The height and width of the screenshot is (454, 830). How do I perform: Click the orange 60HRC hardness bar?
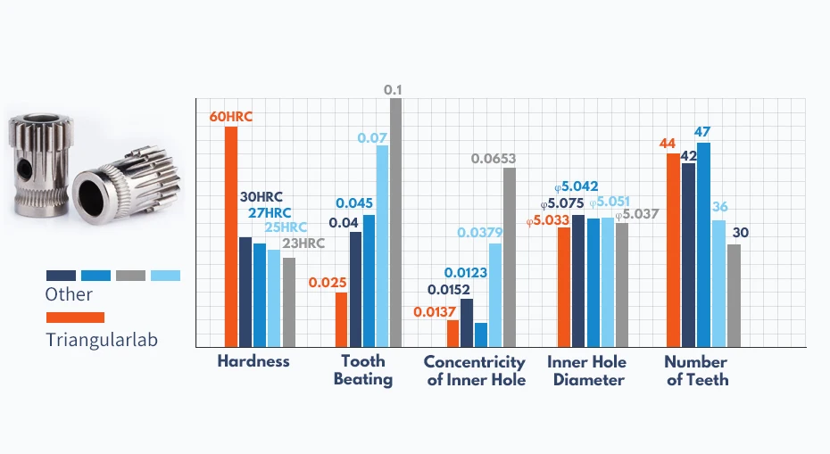[x=230, y=236]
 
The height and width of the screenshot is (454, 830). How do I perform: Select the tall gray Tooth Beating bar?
[x=395, y=222]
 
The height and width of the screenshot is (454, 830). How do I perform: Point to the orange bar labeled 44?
[x=673, y=250]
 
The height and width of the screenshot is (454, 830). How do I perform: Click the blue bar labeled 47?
[x=703, y=244]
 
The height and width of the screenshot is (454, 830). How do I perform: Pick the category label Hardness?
[x=253, y=361]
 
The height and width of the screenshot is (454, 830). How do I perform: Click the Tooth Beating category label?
[x=363, y=370]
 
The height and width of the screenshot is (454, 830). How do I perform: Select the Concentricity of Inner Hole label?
[x=474, y=370]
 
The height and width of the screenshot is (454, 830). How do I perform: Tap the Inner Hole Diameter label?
[x=586, y=370]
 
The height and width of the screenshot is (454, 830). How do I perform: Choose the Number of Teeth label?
[x=696, y=370]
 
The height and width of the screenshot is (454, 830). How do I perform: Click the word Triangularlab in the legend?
[x=102, y=339]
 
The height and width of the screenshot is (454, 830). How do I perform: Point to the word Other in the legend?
[x=69, y=294]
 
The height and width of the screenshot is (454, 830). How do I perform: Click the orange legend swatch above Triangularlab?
[x=75, y=318]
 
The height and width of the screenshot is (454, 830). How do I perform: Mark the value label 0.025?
[x=327, y=283]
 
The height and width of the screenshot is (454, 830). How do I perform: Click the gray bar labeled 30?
[x=734, y=295]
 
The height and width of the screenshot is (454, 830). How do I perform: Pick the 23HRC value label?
[x=303, y=243]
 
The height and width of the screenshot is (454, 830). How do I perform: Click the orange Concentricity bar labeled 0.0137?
[x=452, y=333]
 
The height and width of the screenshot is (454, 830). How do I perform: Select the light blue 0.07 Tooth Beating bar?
[x=382, y=246]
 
